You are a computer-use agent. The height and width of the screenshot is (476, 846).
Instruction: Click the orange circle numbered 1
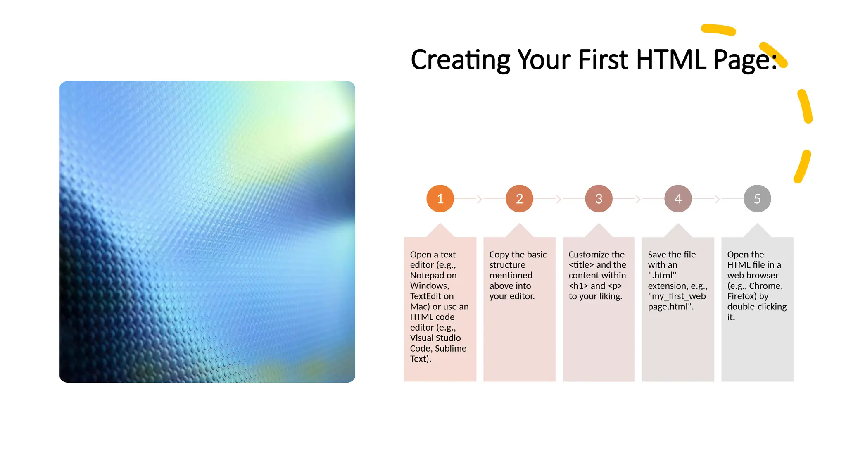pyautogui.click(x=440, y=199)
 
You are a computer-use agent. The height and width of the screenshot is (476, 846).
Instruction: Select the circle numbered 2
pyautogui.click(x=519, y=199)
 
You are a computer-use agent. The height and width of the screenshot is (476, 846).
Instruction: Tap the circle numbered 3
pyautogui.click(x=599, y=199)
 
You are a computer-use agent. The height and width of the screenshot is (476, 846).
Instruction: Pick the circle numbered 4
pyautogui.click(x=678, y=199)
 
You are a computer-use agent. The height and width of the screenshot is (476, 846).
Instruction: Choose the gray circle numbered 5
pyautogui.click(x=757, y=199)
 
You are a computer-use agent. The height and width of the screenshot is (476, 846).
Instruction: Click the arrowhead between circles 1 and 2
pyautogui.click(x=480, y=199)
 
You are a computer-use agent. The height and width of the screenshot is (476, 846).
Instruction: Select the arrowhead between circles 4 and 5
pyautogui.click(x=718, y=199)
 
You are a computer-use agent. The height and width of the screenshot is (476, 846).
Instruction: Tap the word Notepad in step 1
pyautogui.click(x=427, y=276)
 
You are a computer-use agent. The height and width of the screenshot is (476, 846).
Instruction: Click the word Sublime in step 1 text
pyautogui.click(x=451, y=349)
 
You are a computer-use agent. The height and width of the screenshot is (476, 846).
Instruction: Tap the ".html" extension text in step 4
pyautogui.click(x=662, y=276)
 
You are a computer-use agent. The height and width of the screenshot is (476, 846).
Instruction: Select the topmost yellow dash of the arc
pyautogui.click(x=718, y=30)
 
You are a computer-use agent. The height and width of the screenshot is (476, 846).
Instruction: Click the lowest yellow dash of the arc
pyautogui.click(x=802, y=167)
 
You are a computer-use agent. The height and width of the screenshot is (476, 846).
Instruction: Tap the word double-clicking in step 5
pyautogui.click(x=757, y=307)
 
